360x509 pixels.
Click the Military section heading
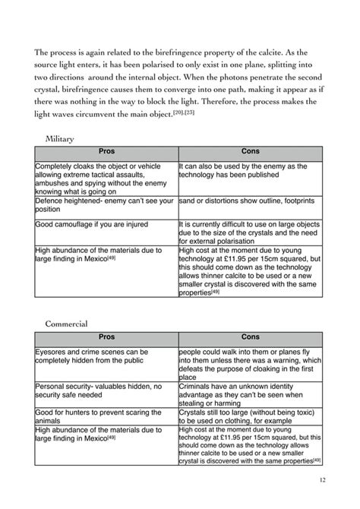coord(60,139)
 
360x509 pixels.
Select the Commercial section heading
coord(67,323)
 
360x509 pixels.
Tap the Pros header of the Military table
coord(106,152)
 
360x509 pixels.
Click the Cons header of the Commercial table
coord(250,336)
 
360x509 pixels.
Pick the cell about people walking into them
coord(250,361)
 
